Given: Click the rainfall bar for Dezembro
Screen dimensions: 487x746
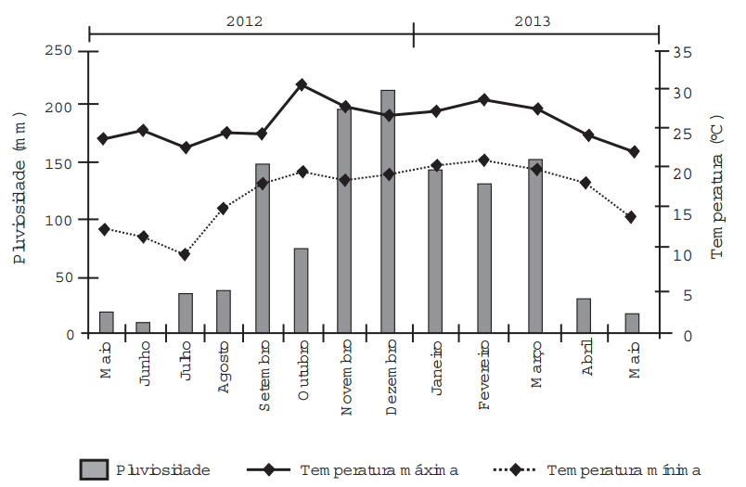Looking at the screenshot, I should [x=388, y=212].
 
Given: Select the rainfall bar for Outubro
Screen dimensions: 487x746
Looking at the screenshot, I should [x=302, y=291].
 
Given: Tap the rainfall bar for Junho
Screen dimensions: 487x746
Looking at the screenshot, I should [x=143, y=328].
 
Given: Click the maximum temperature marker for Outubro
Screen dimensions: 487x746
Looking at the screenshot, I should [x=302, y=84].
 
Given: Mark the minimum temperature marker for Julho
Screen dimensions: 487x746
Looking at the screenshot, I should [x=185, y=254].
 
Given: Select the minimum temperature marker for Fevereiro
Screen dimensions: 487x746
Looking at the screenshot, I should [x=483, y=160].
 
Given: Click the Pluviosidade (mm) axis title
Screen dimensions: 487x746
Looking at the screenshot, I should [x=20, y=186].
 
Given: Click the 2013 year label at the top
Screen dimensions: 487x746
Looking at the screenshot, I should [x=532, y=20].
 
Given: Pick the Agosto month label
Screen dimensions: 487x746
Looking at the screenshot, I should [x=224, y=371].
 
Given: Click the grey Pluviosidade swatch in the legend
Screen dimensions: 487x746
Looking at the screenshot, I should [x=95, y=469].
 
